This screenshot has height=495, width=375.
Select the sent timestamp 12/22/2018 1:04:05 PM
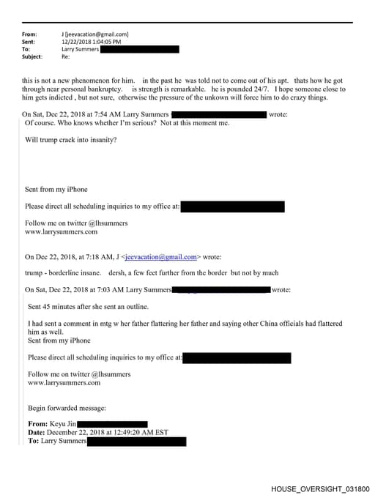92,42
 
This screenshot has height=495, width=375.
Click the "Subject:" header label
32,56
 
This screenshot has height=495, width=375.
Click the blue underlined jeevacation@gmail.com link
162,257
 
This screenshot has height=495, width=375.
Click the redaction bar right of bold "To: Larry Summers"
136,442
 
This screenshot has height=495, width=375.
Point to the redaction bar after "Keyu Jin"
112,424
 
